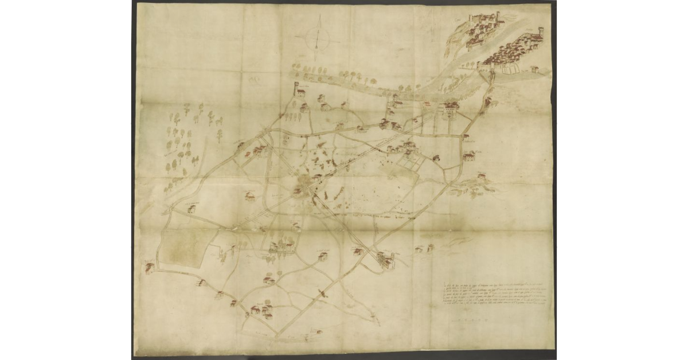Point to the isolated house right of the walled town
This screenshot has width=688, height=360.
(x=534, y=69)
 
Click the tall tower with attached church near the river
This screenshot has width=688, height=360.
(x=298, y=89)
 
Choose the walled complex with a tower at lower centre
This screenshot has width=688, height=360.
(x=385, y=260)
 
